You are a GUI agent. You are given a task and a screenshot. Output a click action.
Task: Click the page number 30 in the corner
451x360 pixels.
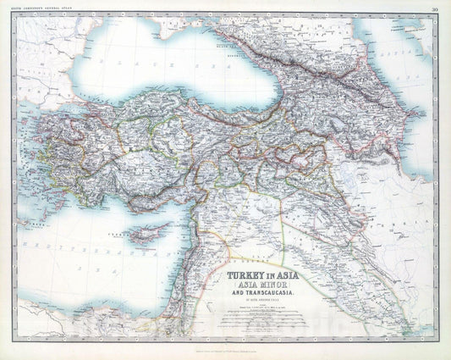pos(434,10)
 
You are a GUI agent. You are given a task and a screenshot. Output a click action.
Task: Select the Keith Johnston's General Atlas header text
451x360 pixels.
pos(47,10)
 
